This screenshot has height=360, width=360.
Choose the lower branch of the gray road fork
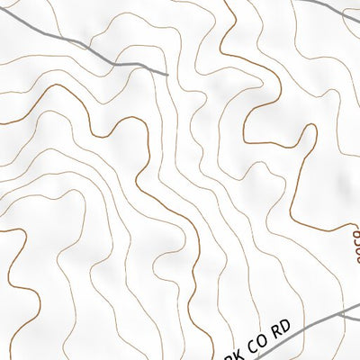(353, 318)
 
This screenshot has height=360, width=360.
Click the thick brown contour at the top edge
(225, 3)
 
